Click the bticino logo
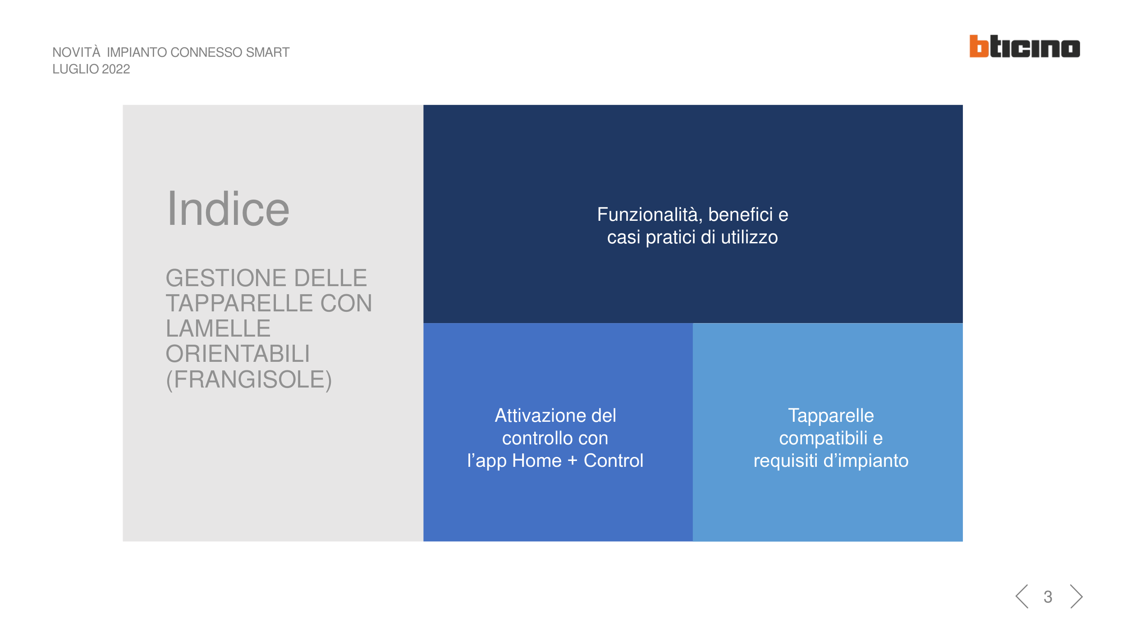click(x=1024, y=46)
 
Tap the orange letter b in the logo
click(x=979, y=46)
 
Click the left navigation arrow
click(x=1022, y=597)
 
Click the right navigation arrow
click(x=1076, y=597)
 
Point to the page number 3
click(x=1048, y=597)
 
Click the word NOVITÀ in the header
click(x=76, y=52)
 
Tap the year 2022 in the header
click(x=116, y=69)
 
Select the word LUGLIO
click(x=76, y=69)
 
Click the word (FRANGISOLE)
click(x=249, y=380)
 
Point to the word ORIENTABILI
click(x=238, y=354)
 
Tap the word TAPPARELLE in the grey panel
click(x=239, y=303)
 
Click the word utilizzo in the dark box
click(x=749, y=237)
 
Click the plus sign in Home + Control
click(x=573, y=461)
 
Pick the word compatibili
click(x=823, y=438)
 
